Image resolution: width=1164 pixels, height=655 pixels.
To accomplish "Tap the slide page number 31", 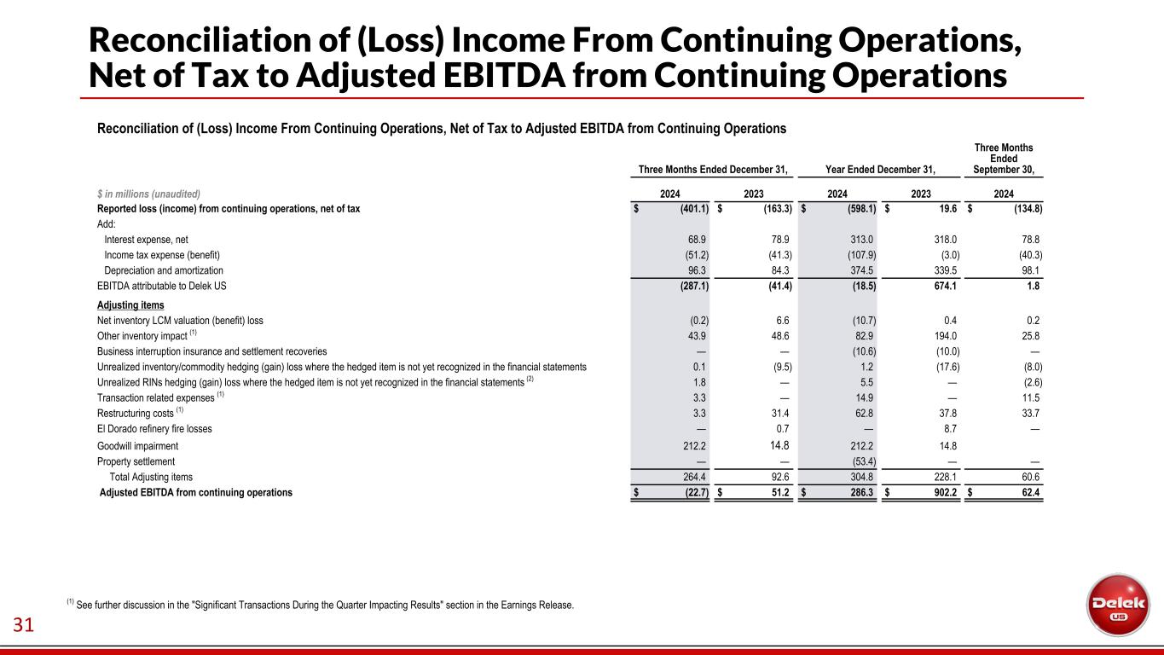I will (23, 626).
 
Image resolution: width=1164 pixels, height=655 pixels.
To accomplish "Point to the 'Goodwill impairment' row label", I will (138, 445).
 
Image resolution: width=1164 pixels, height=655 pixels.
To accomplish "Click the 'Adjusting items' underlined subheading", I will (130, 304).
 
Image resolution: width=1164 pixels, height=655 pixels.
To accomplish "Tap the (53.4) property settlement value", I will (859, 461).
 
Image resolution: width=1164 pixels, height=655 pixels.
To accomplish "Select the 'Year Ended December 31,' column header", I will (881, 170).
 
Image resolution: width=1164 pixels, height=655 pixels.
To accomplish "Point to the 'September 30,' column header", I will (1003, 170).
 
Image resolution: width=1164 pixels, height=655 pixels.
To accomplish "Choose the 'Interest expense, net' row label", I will (146, 240).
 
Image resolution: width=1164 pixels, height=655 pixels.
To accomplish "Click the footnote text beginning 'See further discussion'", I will (325, 606).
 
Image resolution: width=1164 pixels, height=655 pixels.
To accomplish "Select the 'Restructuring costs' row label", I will (136, 414).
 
